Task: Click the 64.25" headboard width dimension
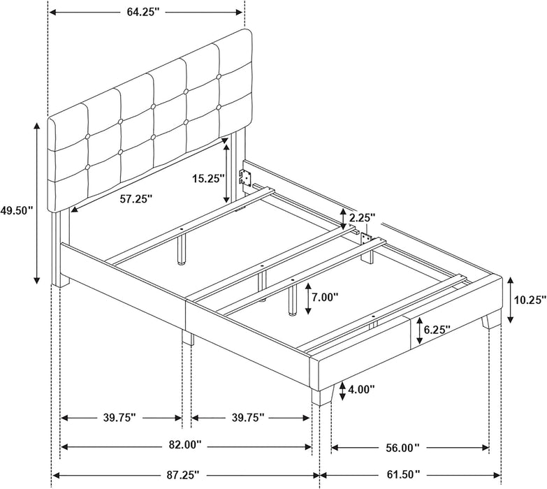(x=143, y=12)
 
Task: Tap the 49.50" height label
(x=16, y=210)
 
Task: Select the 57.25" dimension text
(x=136, y=199)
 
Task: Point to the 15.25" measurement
(x=208, y=179)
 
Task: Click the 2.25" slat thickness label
(x=363, y=218)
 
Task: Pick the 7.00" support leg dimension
(x=325, y=297)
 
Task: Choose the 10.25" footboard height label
(x=530, y=299)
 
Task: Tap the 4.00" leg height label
(x=361, y=389)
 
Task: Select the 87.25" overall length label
(x=182, y=474)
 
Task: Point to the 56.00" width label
(x=402, y=447)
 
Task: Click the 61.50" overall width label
(x=403, y=474)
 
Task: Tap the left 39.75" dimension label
(x=119, y=417)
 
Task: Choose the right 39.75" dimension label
(x=248, y=417)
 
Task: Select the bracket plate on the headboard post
(x=246, y=177)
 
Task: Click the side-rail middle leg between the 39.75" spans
(x=187, y=337)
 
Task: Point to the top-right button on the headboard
(x=219, y=76)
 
